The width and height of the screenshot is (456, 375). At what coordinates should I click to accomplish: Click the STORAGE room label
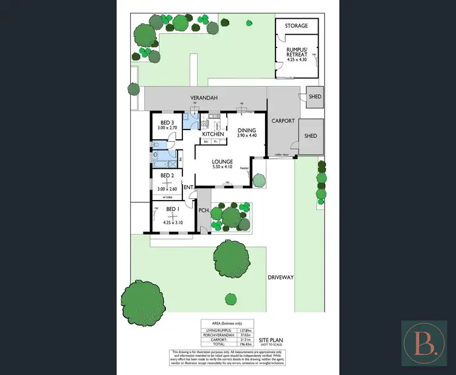pos(297,26)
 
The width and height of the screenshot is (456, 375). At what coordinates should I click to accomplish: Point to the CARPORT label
pos(283,121)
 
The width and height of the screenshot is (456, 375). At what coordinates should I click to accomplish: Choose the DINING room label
pos(246,130)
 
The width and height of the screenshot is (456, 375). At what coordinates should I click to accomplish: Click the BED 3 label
pos(166,122)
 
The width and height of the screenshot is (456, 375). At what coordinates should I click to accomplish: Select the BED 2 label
pos(167,176)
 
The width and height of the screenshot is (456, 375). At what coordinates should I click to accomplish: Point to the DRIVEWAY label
pos(281,277)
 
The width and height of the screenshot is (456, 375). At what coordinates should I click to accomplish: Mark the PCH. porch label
pos(204,210)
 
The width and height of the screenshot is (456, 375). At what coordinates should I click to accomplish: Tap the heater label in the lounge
pos(245,168)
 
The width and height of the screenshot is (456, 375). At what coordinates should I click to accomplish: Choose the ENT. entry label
pos(188,187)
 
